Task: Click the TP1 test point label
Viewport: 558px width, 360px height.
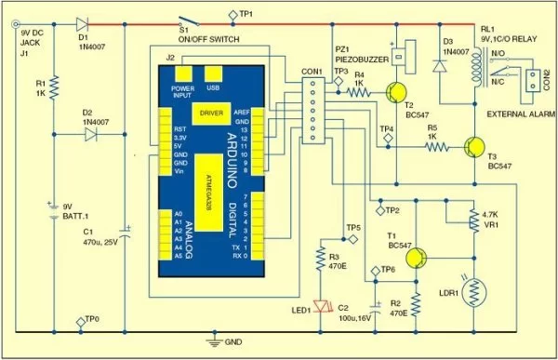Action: click(x=246, y=13)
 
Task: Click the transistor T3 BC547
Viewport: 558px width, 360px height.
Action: click(x=475, y=146)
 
